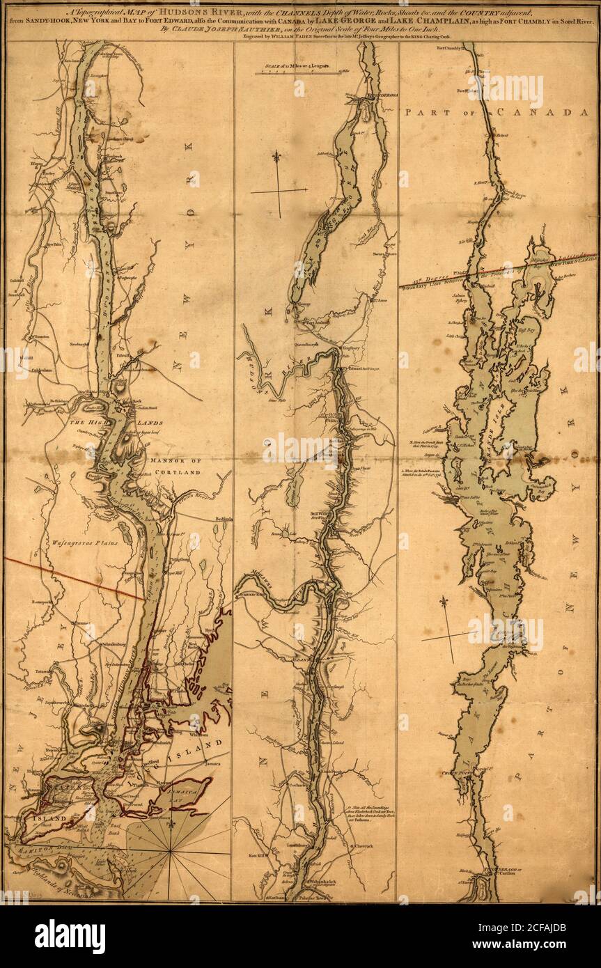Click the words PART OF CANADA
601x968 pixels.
[x=498, y=111]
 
